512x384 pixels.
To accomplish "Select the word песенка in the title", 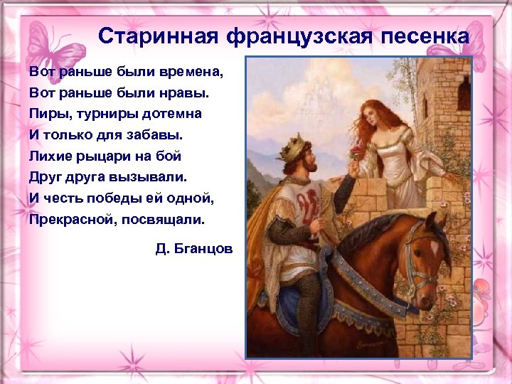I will (x=429, y=36).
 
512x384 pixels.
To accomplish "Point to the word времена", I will (x=193, y=72).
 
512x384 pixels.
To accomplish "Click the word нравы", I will (x=174, y=92).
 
